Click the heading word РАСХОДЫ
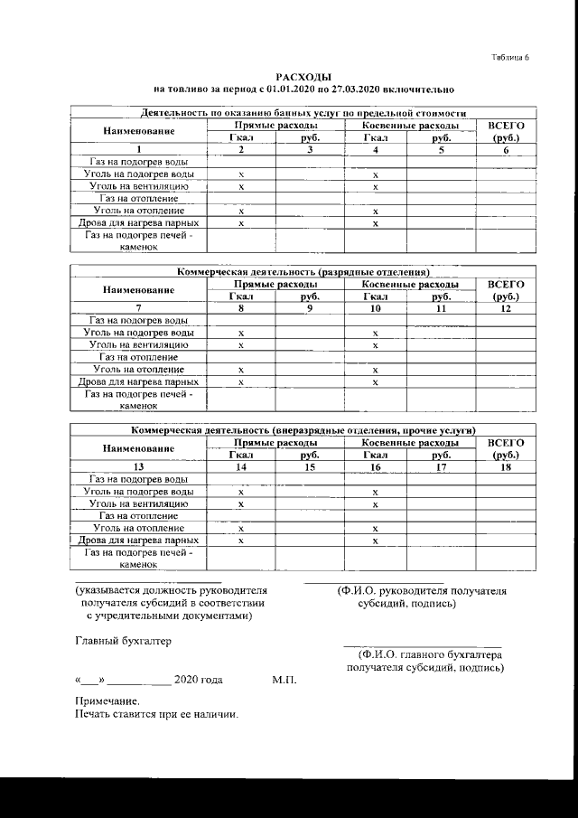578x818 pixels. coord(297,79)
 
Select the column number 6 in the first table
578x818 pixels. coord(506,150)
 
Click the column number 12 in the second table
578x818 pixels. coord(506,308)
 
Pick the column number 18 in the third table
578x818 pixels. coord(506,466)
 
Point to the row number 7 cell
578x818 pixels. coord(138,308)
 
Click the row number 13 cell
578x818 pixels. coord(138,466)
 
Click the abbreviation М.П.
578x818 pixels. coord(284,679)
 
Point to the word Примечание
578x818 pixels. coord(107,701)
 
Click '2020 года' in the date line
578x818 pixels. coord(198,679)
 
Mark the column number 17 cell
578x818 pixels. coord(441,466)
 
